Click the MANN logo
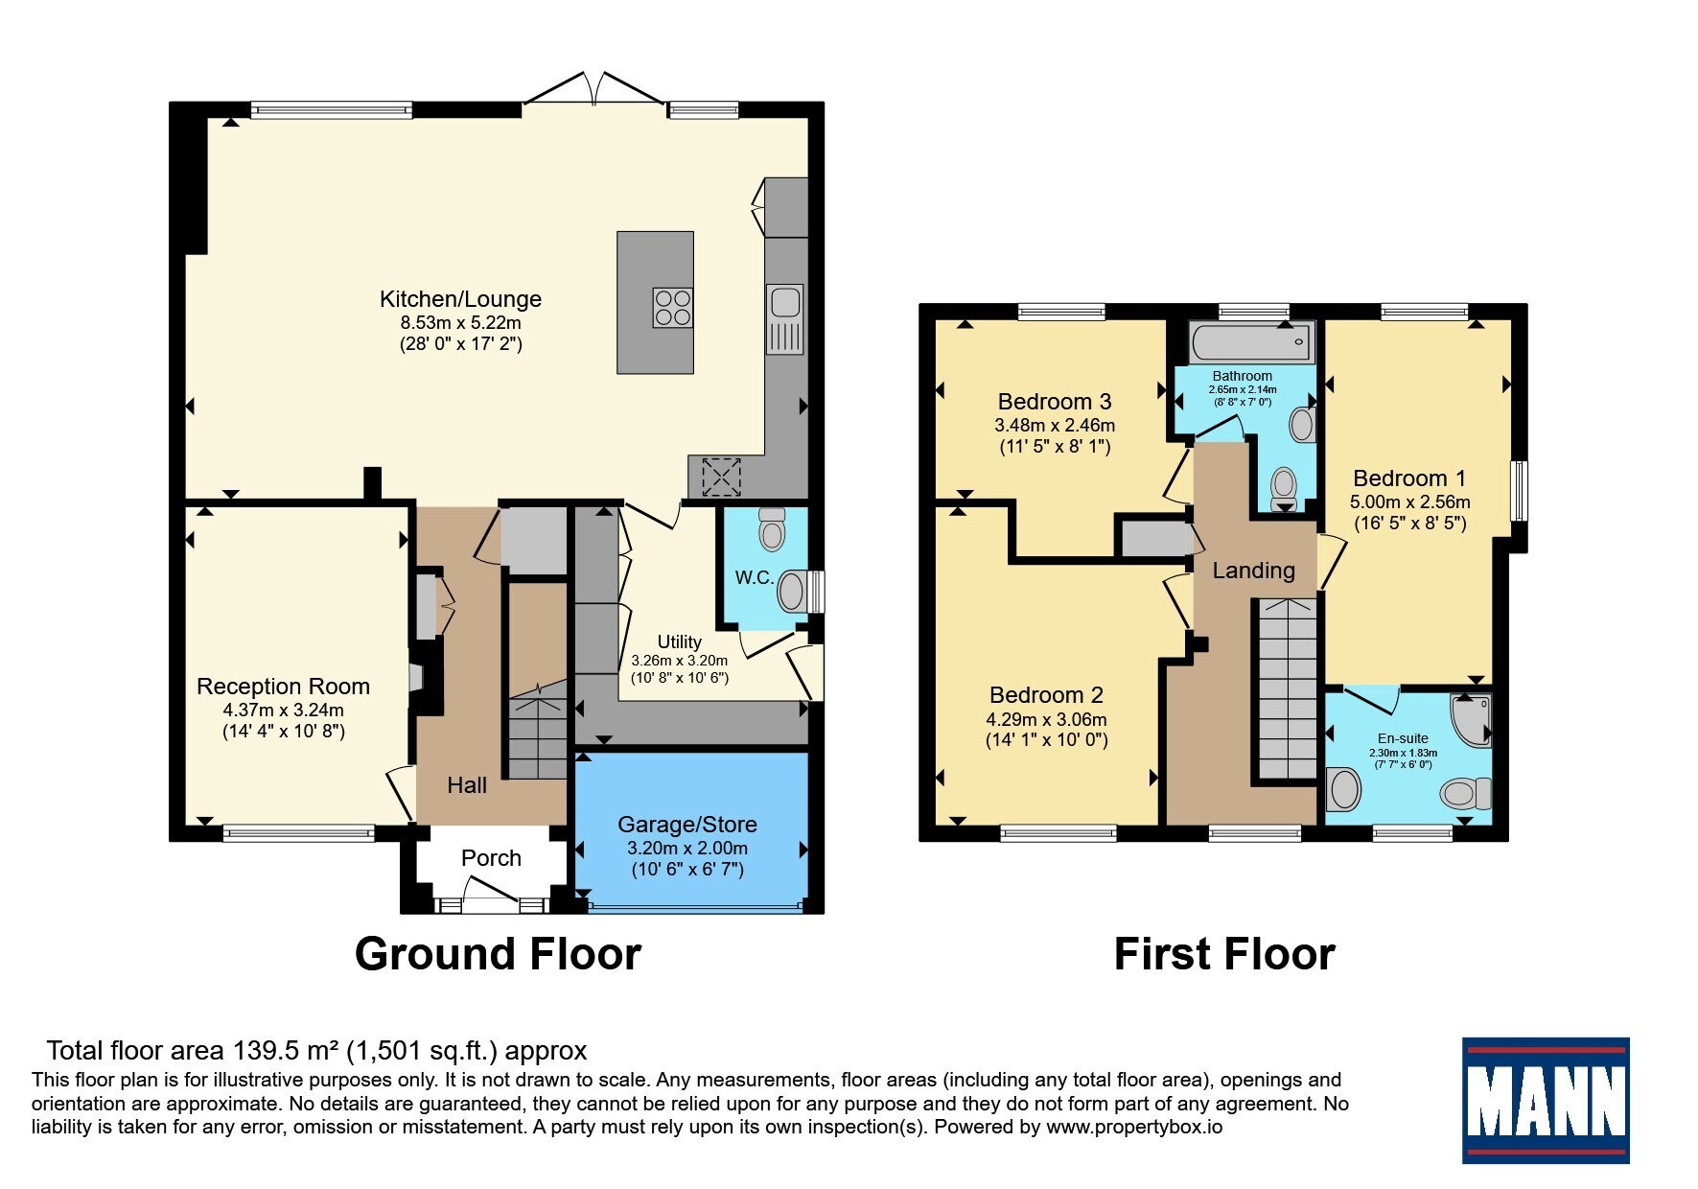point(1545,1100)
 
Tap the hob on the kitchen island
point(672,308)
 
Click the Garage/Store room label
point(687,825)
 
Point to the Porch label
point(491,858)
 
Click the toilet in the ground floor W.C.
point(772,528)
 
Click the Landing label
point(1253,571)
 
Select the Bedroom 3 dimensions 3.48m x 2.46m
point(1055,425)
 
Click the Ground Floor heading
point(498,954)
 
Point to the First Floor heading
point(1224,954)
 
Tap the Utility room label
point(680,641)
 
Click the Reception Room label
point(283,687)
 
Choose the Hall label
point(467,785)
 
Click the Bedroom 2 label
point(1046,695)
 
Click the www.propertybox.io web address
point(1134,1128)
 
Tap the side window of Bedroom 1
point(1519,491)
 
